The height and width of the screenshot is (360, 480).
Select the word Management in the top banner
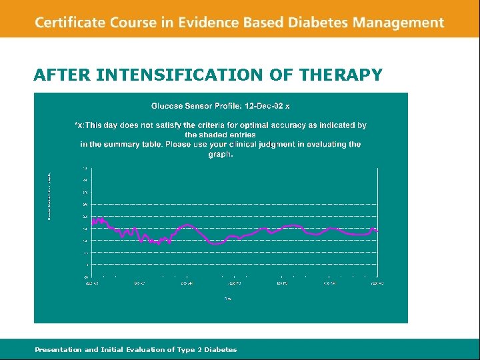click(399, 23)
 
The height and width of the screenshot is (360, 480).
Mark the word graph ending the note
click(220, 154)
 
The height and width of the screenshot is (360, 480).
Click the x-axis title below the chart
click(228, 298)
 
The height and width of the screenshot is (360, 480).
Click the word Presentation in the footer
click(58, 349)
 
